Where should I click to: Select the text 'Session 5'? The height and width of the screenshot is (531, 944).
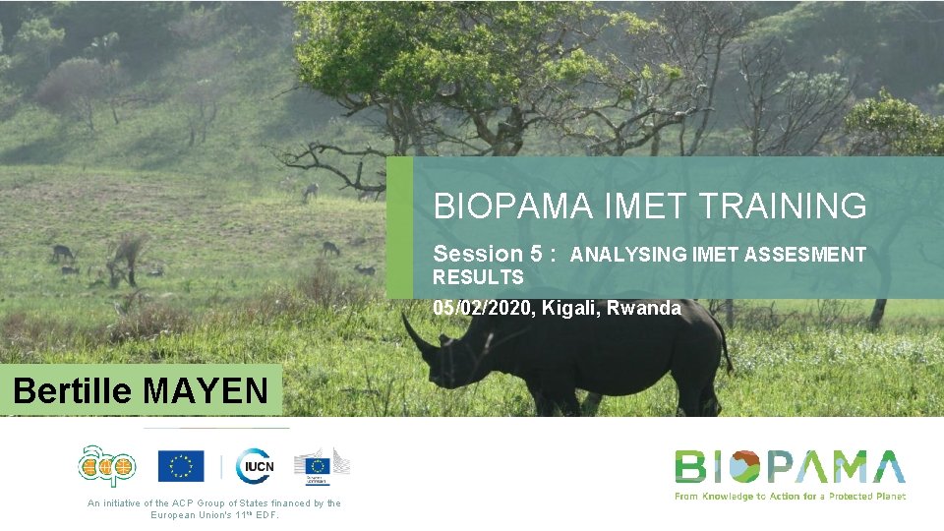click(488, 254)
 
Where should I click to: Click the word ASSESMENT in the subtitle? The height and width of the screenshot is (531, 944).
click(805, 255)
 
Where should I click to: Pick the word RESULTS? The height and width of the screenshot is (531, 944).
click(479, 277)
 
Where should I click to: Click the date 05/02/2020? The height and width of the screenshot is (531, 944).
click(483, 308)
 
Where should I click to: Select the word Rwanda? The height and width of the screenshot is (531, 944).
click(644, 308)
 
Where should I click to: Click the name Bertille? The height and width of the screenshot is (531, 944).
click(73, 391)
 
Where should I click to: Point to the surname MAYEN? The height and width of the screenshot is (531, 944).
click(205, 391)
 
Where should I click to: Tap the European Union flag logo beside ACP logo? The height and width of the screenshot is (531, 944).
click(181, 466)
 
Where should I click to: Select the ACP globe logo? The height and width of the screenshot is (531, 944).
click(107, 466)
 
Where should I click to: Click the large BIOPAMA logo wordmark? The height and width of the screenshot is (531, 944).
click(790, 466)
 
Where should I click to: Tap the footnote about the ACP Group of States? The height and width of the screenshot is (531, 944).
click(214, 508)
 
